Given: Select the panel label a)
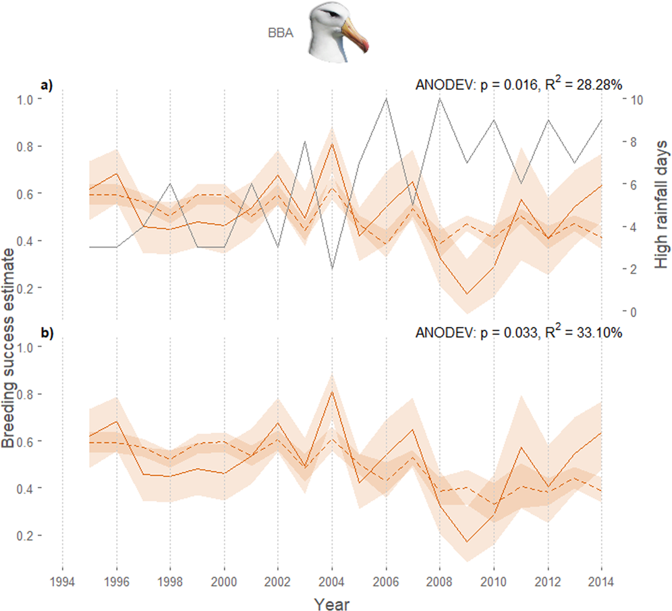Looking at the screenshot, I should (x=46, y=85).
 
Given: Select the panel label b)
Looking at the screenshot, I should (x=46, y=332).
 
